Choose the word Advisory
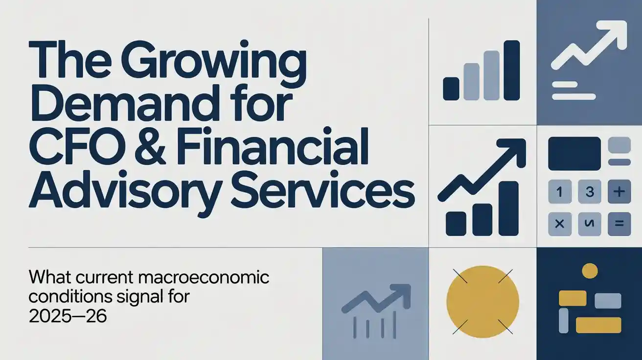[x=121, y=188]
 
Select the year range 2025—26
[x=68, y=316]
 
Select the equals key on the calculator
[x=619, y=224]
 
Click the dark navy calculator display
[x=574, y=154]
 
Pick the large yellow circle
[x=482, y=302]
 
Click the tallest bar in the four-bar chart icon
[x=511, y=70]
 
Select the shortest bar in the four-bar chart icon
[x=451, y=89]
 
